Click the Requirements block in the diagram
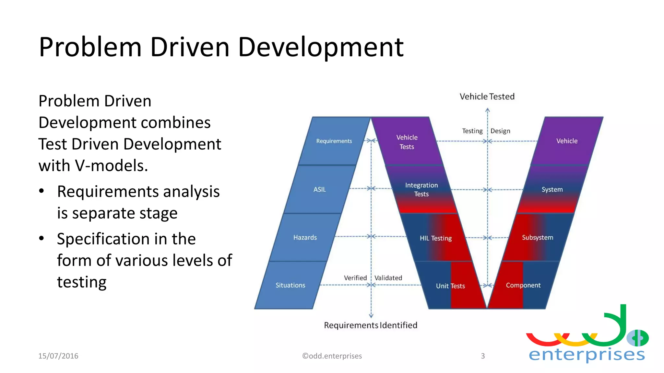(334, 141)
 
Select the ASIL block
(319, 189)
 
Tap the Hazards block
(305, 237)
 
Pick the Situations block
(290, 285)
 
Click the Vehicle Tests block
(407, 142)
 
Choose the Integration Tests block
(421, 189)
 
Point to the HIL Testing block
(435, 238)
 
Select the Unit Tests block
(450, 286)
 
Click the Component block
(523, 285)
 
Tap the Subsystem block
(537, 237)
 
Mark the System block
(552, 189)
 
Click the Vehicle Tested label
(487, 96)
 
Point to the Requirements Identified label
(370, 325)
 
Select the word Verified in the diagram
(355, 278)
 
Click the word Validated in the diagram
(388, 278)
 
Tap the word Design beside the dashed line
(500, 131)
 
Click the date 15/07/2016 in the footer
(58, 356)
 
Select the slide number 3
(482, 356)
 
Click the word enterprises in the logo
(587, 355)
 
